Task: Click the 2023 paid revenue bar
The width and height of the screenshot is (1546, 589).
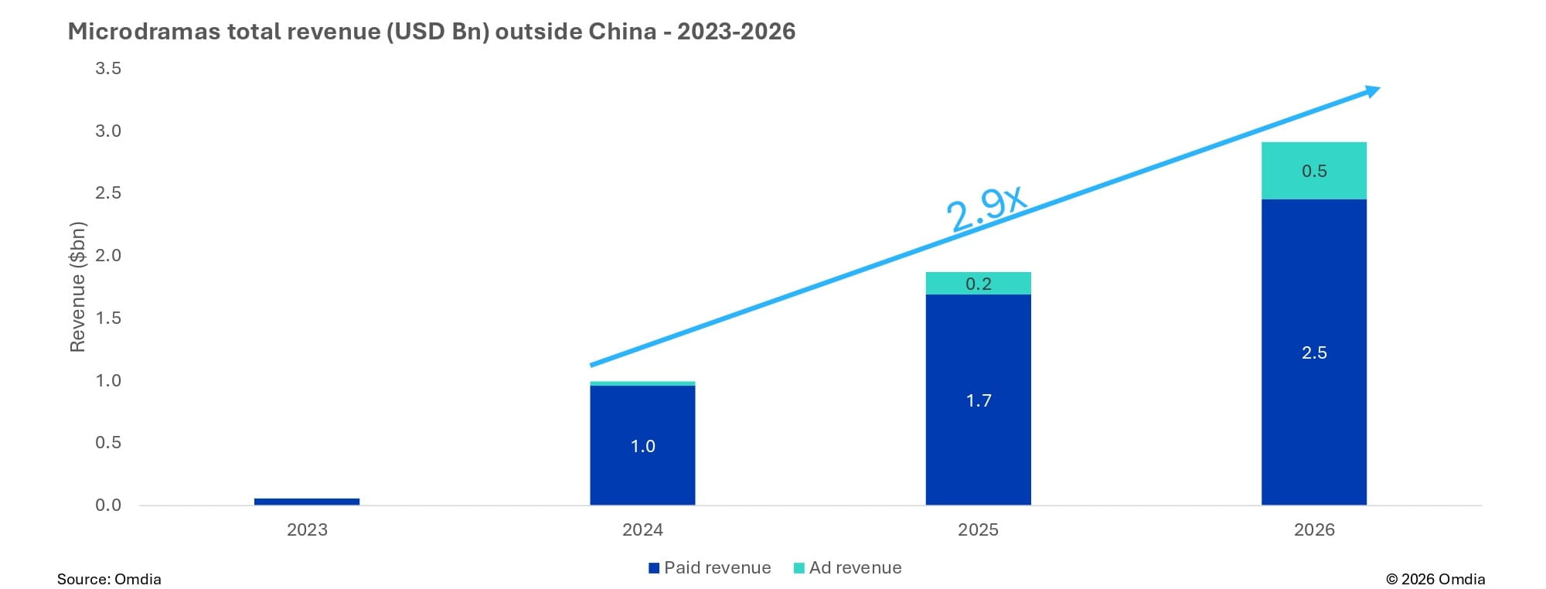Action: (x=307, y=502)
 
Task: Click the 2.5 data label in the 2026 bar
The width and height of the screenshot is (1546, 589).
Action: (x=1314, y=353)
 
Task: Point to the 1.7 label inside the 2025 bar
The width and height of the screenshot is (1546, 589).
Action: (x=978, y=400)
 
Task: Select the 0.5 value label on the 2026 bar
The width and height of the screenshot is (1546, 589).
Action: (x=1314, y=172)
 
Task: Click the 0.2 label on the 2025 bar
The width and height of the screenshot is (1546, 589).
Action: (x=978, y=284)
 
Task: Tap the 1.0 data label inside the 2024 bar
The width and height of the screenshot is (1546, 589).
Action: (x=642, y=446)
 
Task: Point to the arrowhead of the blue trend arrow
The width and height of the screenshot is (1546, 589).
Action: (x=1371, y=92)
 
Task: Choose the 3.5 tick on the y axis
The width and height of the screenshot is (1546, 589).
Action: (x=108, y=69)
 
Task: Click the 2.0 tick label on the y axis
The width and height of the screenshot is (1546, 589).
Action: (x=108, y=256)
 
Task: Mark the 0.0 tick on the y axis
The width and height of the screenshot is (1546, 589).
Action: (x=108, y=506)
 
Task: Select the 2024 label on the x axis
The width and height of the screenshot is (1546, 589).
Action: (x=642, y=530)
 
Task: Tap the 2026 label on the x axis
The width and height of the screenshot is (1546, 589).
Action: (x=1314, y=530)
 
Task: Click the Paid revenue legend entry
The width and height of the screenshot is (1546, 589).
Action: (x=709, y=568)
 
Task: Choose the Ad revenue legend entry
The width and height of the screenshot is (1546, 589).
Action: (x=847, y=568)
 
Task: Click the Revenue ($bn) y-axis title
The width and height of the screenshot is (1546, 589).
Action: (x=77, y=288)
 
